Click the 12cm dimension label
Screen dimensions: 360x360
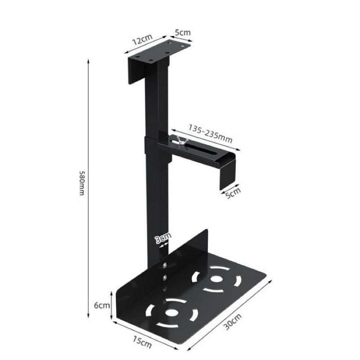pos(142,40)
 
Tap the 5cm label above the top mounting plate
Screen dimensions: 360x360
pos(183,32)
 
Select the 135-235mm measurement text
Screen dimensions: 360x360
pos(210,133)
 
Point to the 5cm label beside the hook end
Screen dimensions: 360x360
pos(233,193)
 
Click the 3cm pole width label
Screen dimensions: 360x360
pos(163,238)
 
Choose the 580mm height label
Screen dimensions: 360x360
pos(82,183)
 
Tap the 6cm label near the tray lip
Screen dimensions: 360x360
pos(102,306)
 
